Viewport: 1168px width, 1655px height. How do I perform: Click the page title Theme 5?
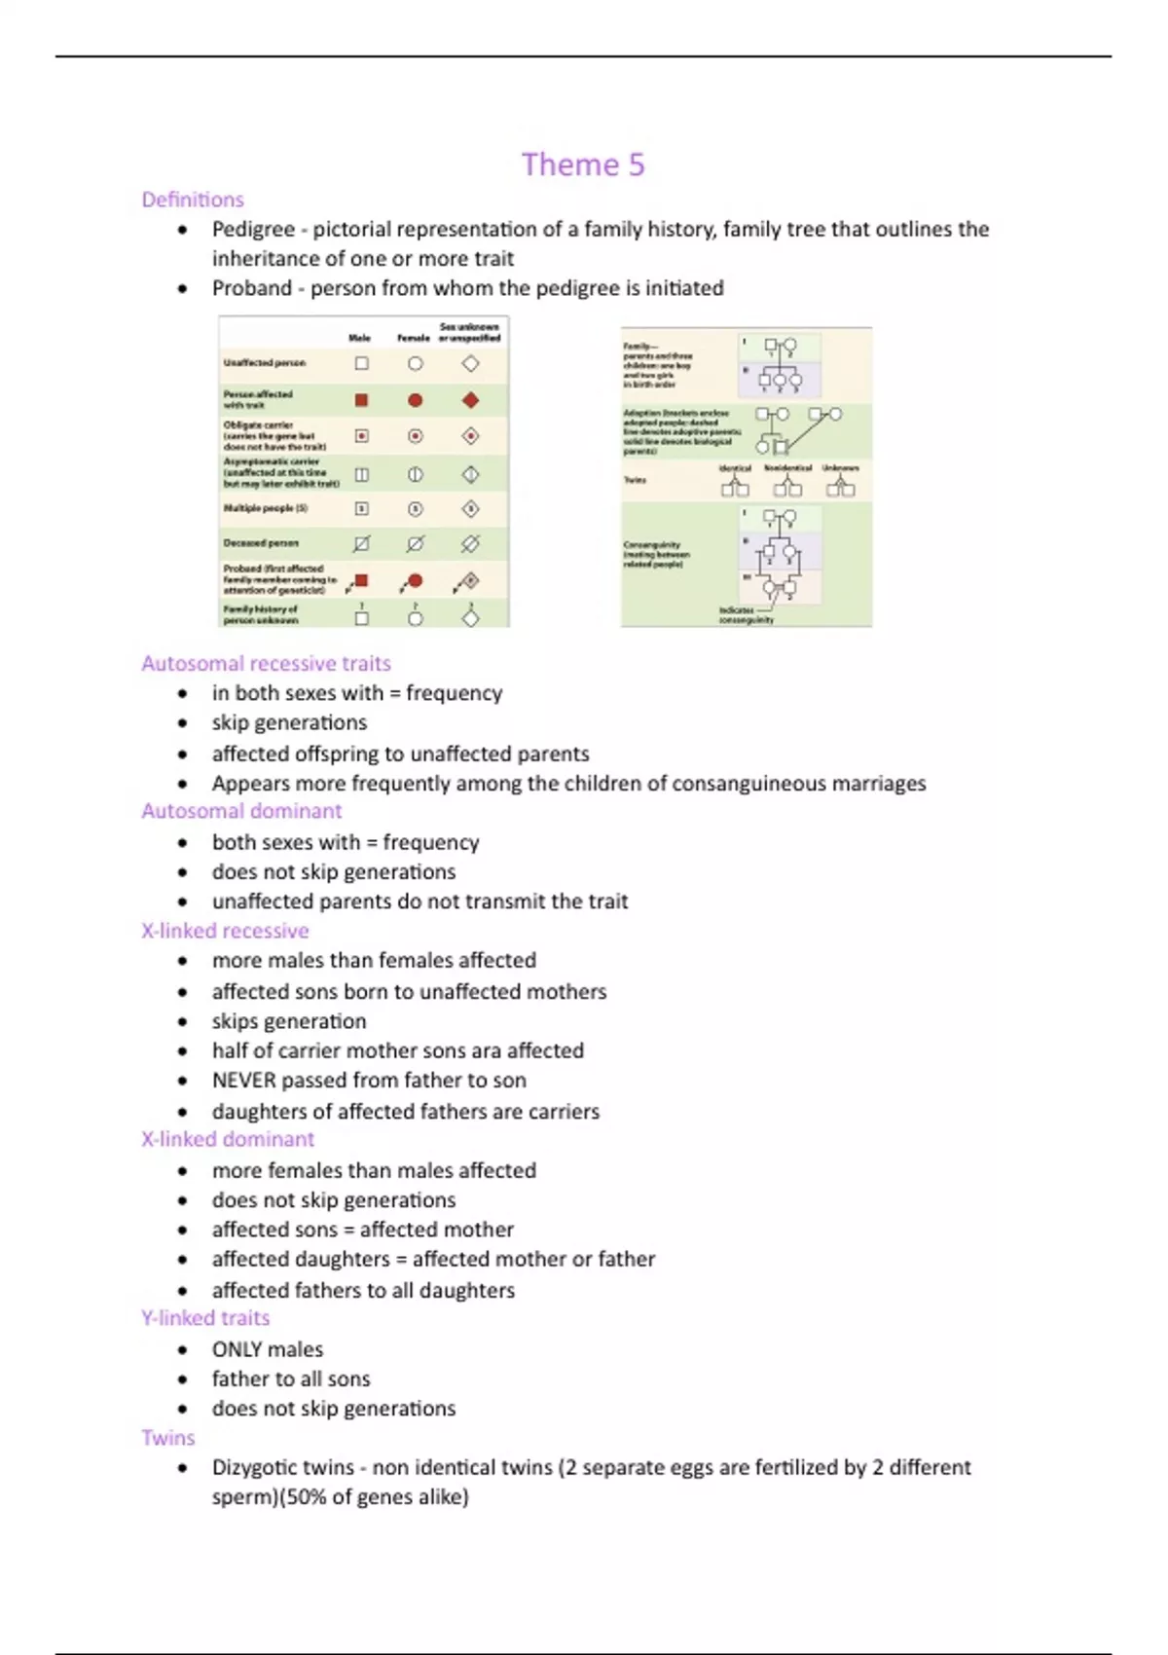582,165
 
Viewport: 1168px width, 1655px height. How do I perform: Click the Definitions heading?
193,200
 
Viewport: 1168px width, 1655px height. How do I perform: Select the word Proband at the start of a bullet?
251,288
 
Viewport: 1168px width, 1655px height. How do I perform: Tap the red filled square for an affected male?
361,400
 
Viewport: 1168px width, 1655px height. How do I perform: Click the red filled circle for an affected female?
416,400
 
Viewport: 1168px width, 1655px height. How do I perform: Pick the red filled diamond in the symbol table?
470,400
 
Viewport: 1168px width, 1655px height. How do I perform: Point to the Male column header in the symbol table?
360,338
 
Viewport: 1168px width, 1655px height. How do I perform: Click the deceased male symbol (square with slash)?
361,543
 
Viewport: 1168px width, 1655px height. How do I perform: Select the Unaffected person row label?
265,363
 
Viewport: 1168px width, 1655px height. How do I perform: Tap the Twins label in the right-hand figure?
635,480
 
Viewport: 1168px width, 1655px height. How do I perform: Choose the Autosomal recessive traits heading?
266,663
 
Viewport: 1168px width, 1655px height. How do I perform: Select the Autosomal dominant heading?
241,811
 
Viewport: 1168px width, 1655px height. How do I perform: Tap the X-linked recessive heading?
225,931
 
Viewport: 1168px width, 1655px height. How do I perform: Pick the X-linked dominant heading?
228,1139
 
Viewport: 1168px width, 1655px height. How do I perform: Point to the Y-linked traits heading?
205,1318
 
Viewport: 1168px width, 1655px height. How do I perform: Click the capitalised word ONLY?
237,1349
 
